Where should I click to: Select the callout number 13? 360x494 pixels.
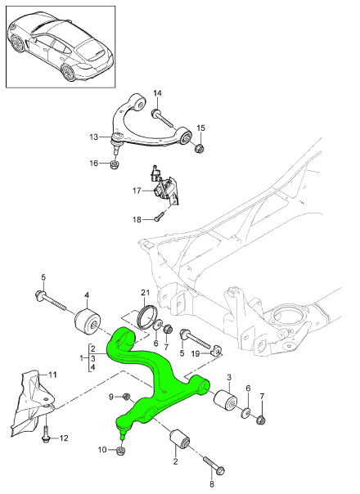(94, 137)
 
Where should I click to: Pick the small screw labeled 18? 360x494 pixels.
(160, 217)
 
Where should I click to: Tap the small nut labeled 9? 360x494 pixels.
(127, 397)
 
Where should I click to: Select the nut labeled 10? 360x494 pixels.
(122, 448)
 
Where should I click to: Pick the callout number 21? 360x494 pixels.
(144, 293)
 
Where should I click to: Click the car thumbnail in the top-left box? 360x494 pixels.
(60, 45)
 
